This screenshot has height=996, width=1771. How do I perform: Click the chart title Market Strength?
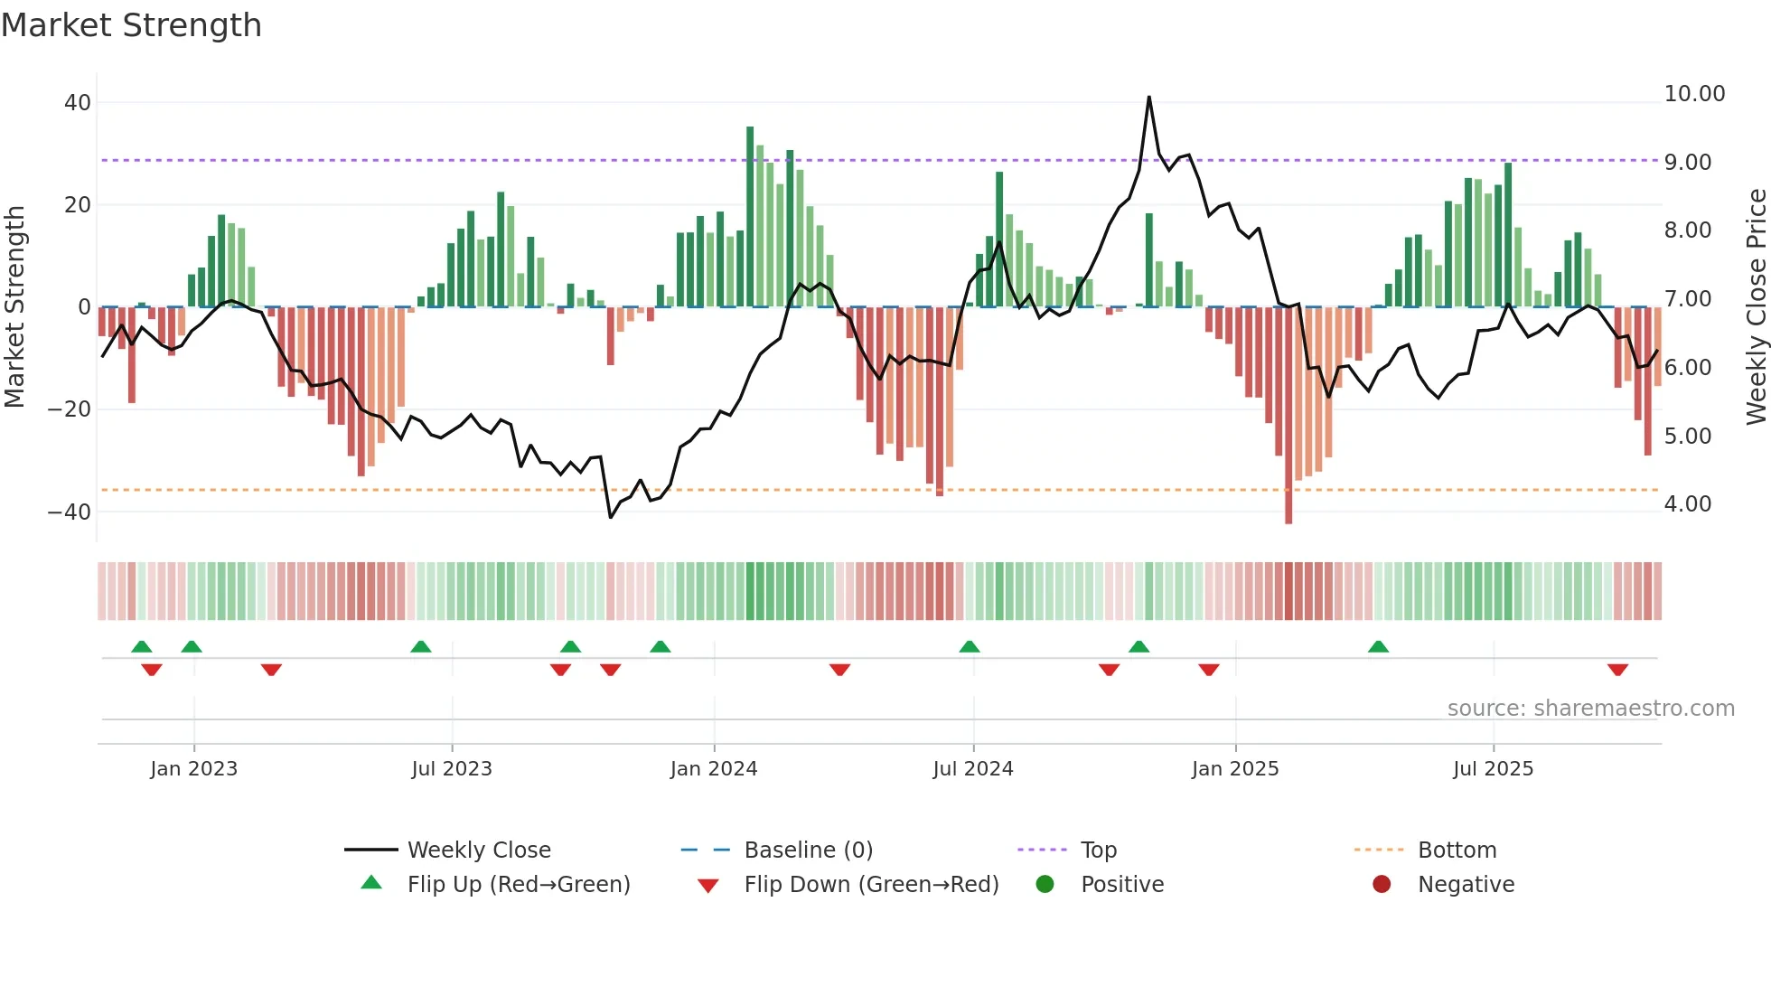point(131,25)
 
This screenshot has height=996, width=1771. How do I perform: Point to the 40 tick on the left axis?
point(77,103)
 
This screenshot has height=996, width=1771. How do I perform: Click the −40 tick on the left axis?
point(70,512)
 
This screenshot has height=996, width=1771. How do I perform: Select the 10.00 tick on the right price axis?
point(1694,94)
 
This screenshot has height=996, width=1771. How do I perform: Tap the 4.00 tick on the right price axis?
point(1687,504)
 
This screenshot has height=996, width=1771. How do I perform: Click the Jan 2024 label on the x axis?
point(713,769)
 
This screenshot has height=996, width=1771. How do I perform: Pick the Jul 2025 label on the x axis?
point(1493,769)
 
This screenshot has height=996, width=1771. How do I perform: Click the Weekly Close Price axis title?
point(1756,306)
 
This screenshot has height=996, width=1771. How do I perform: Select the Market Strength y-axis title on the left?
point(14,306)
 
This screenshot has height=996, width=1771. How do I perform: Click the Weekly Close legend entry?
point(478,850)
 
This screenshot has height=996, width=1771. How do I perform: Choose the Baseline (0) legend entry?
point(808,850)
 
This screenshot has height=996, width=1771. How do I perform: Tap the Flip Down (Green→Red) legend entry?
point(870,885)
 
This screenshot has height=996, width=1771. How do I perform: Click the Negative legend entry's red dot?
point(1381,885)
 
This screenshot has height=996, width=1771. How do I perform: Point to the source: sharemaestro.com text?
point(1590,709)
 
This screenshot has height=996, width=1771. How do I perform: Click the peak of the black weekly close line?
point(1148,98)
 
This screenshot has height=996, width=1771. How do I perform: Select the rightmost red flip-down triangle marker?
point(1617,670)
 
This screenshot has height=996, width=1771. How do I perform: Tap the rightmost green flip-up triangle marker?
point(1378,646)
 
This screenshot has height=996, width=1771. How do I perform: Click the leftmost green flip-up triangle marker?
point(141,646)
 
